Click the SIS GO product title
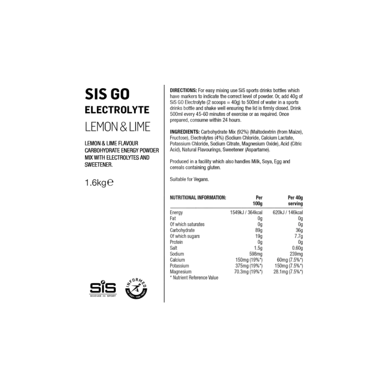click(107, 94)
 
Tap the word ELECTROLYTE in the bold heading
click(117, 110)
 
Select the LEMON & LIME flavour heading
click(118, 127)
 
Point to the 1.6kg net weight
click(99, 182)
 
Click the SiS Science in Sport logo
click(103, 289)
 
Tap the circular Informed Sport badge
click(136, 288)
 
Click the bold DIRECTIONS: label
click(183, 90)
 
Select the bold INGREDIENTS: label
click(185, 132)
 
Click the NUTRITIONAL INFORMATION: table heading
click(198, 198)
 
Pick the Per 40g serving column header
click(295, 201)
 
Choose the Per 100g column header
click(258, 201)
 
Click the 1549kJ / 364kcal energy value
click(246, 212)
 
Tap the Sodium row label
click(177, 254)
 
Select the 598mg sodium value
click(256, 254)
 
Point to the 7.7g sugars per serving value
click(298, 236)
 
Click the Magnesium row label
click(180, 272)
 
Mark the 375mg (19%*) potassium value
click(249, 266)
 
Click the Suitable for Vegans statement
click(190, 180)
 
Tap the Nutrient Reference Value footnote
click(194, 278)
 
